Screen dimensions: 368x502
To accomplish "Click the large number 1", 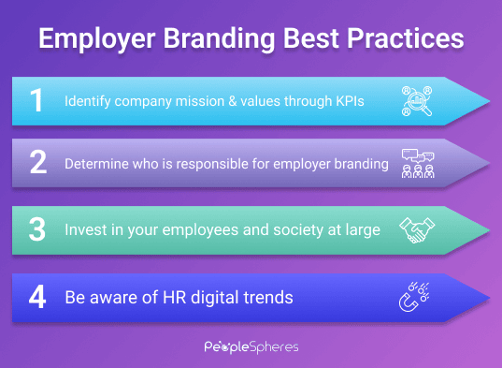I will (x=37, y=100).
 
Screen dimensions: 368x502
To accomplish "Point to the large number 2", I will (x=37, y=163).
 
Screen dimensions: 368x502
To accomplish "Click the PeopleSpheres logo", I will (x=250, y=346).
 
